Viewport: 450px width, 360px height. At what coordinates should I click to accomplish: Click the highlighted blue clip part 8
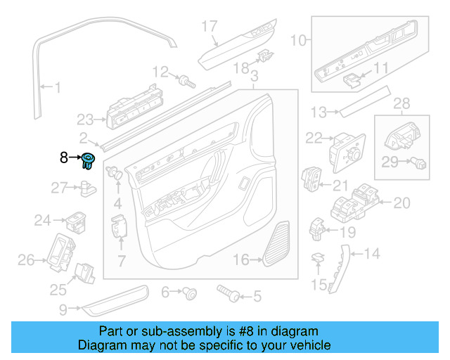(89, 160)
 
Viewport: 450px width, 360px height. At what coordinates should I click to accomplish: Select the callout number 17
(210, 27)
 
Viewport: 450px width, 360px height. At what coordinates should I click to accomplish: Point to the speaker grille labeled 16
(278, 244)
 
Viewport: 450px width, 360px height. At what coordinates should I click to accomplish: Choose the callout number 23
(85, 119)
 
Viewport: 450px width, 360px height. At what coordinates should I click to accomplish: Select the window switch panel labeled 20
(356, 202)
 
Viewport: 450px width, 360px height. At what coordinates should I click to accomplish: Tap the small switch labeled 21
(311, 179)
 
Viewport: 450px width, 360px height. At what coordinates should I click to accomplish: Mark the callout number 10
(299, 41)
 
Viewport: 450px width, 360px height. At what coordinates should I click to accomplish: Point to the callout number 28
(401, 104)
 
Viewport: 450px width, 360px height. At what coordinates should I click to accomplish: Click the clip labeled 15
(319, 258)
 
